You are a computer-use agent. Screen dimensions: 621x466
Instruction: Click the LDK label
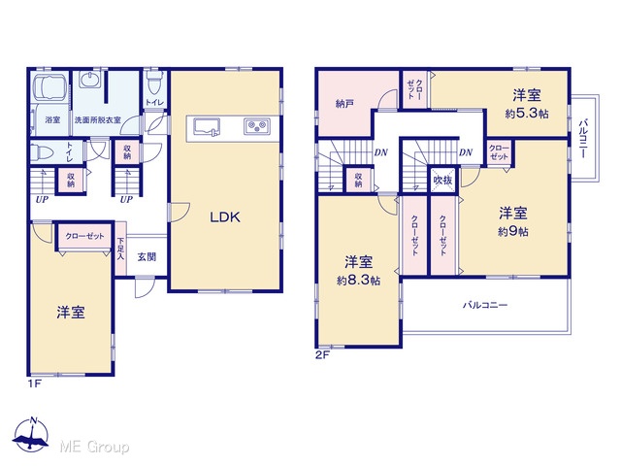pyautogui.click(x=225, y=216)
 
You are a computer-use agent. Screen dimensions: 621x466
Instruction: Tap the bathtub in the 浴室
pyautogui.click(x=50, y=86)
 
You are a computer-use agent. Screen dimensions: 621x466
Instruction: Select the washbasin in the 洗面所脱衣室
pyautogui.click(x=91, y=80)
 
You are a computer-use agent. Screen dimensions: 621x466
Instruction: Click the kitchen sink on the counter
pyautogui.click(x=207, y=127)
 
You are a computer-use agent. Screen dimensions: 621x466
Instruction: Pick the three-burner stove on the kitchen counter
pyautogui.click(x=257, y=126)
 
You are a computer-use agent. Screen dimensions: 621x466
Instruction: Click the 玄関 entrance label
pyautogui.click(x=147, y=257)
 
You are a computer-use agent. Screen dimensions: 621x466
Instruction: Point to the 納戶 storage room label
pyautogui.click(x=344, y=104)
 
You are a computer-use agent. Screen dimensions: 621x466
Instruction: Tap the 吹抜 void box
pyautogui.click(x=442, y=180)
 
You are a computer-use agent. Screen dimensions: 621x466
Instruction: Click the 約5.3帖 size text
pyautogui.click(x=527, y=115)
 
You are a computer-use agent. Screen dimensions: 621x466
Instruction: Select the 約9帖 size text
pyautogui.click(x=513, y=231)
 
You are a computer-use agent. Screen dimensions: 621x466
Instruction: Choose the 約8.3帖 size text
pyautogui.click(x=358, y=281)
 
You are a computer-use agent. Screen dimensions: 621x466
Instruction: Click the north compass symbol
pyautogui.click(x=31, y=435)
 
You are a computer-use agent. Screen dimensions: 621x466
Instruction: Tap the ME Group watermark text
pyautogui.click(x=94, y=447)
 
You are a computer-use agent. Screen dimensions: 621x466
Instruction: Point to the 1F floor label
pyautogui.click(x=35, y=383)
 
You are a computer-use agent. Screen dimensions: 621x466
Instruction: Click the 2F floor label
pyautogui.click(x=322, y=354)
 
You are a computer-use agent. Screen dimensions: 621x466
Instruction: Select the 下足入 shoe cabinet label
pyautogui.click(x=120, y=249)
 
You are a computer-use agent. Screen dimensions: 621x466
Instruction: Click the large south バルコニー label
pyautogui.click(x=485, y=305)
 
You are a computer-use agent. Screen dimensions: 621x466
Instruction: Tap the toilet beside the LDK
pyautogui.click(x=153, y=83)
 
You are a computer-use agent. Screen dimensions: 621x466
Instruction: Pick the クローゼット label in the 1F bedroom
pyautogui.click(x=84, y=236)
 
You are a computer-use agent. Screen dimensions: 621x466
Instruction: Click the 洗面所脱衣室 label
pyautogui.click(x=97, y=119)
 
